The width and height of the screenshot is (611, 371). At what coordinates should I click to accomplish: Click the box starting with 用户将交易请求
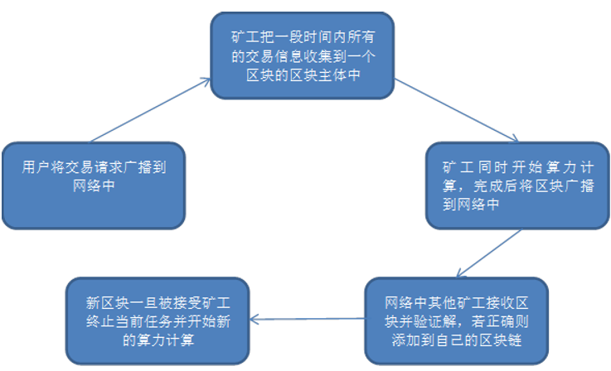pos(93,185)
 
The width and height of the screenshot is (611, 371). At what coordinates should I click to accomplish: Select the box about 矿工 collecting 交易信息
pos(300,55)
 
